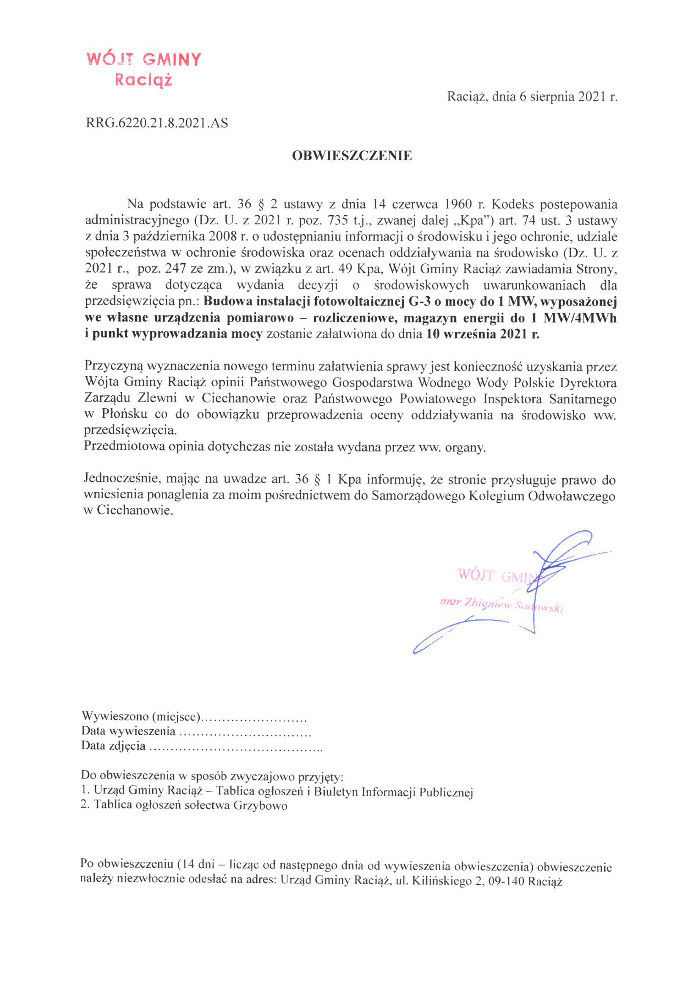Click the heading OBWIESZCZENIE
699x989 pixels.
click(x=352, y=156)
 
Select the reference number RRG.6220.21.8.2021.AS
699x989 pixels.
click(x=157, y=124)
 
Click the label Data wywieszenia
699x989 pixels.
click(x=128, y=731)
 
